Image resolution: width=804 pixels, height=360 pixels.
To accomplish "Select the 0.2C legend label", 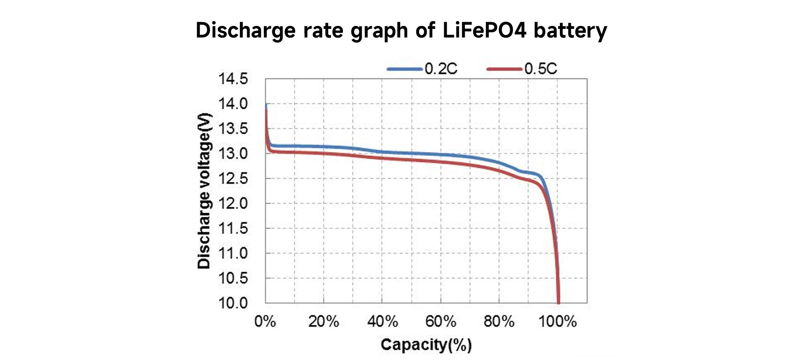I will coord(441,69).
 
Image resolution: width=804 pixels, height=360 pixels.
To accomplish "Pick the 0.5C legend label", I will coord(541,69).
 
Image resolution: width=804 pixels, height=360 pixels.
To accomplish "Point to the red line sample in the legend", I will coord(505,69).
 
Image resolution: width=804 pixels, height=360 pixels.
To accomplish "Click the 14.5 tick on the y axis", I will coord(233,79).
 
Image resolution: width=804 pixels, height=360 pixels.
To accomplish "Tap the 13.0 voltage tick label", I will coord(233,154).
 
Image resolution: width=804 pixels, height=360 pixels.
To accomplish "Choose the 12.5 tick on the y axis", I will coord(233,179).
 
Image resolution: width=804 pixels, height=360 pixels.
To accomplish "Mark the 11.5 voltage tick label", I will coord(233,229).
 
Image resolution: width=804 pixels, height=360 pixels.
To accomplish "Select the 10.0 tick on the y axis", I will coord(233,303).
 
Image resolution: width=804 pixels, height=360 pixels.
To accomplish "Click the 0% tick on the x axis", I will coord(265,321).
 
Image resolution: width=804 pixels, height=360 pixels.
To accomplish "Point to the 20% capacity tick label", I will coord(324,321).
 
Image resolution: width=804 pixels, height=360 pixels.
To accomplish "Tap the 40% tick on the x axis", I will coord(382,321).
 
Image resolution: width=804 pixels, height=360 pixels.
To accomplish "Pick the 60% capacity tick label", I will coord(441,321).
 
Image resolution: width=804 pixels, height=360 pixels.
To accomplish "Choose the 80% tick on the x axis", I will coord(499,321).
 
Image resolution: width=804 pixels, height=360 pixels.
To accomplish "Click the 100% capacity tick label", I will coord(557,321).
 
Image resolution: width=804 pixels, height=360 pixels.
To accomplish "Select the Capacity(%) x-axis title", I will coord(426,345).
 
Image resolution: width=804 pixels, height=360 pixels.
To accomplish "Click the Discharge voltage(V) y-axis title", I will coord(204,191).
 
